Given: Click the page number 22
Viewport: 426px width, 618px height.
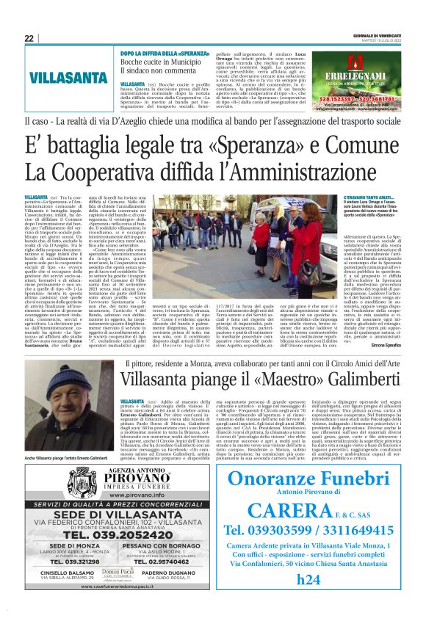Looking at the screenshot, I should pyautogui.click(x=29, y=38).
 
